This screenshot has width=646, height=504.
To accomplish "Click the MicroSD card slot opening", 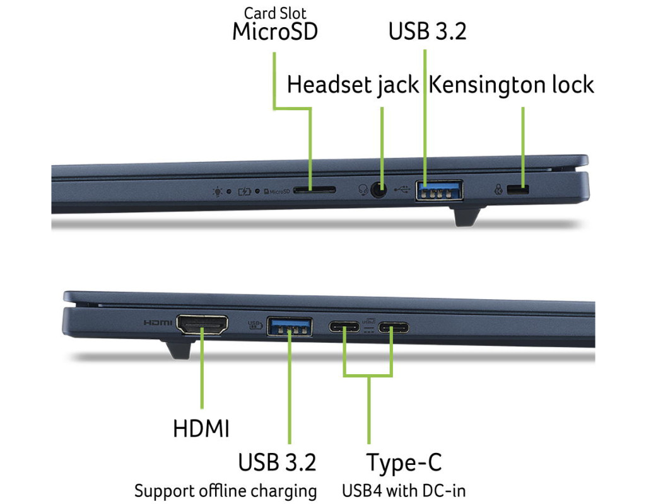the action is coord(314,190).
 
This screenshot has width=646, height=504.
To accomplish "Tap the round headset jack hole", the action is coord(379,190).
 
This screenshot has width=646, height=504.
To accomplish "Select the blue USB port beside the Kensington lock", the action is coord(439,190).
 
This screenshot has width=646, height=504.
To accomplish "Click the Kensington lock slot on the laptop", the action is coord(519,190).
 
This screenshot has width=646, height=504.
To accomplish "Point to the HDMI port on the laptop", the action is coord(202,324).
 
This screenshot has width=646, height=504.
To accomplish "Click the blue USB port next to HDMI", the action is coord(290,327).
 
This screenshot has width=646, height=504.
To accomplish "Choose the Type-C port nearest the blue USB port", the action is coord(344,327).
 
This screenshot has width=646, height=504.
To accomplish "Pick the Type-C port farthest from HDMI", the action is coord(394,328).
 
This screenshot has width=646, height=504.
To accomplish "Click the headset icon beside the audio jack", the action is coord(363,190).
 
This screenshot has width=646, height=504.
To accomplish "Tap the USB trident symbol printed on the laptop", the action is coord(402,190).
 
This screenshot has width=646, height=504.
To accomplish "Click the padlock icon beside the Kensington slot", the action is coord(498,190).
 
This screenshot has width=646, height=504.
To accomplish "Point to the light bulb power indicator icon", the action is coord(217,192).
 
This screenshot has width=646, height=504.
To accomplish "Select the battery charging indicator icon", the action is coord(245,192).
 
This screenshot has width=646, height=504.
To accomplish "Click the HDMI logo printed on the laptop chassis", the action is coord(158,323).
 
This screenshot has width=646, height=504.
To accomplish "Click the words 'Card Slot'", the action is coord(275,13).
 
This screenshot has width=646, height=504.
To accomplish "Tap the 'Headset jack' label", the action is coord(353,85).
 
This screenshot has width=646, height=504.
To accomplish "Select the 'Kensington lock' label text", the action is coord(511,85).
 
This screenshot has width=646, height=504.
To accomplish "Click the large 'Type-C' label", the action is coord(404,462).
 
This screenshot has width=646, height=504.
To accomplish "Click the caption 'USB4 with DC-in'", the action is coord(404,490).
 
